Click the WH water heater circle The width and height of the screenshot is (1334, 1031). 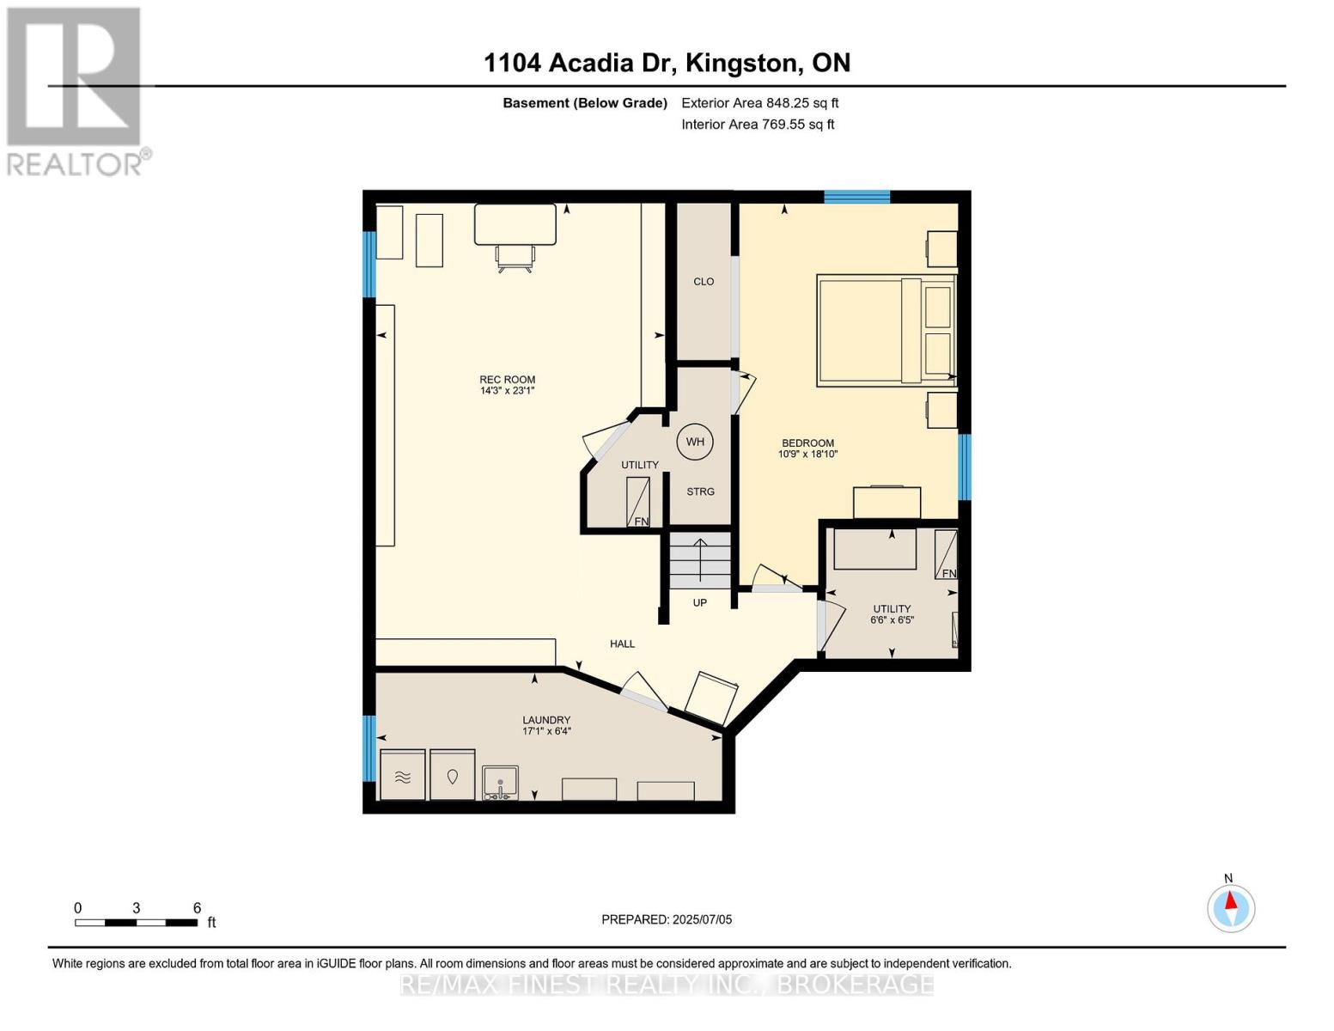(695, 442)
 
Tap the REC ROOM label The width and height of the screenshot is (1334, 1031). (507, 380)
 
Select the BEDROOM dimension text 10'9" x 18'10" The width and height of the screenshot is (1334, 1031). (807, 454)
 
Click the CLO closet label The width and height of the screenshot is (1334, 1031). (704, 282)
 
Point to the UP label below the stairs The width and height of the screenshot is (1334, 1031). (700, 603)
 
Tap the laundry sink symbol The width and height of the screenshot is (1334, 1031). (500, 783)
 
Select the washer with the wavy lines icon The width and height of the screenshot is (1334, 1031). (403, 776)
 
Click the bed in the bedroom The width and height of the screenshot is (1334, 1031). (885, 330)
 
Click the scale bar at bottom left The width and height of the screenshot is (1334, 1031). (137, 923)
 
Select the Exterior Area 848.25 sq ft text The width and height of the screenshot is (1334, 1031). (759, 103)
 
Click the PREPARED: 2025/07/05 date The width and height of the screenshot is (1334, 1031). (667, 919)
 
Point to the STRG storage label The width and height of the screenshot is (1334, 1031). (700, 491)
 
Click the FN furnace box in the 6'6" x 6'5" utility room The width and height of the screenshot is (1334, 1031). (946, 555)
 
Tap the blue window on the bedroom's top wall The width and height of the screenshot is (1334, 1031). (856, 197)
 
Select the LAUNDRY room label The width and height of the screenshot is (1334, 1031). (546, 720)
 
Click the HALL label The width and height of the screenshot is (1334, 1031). (622, 644)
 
